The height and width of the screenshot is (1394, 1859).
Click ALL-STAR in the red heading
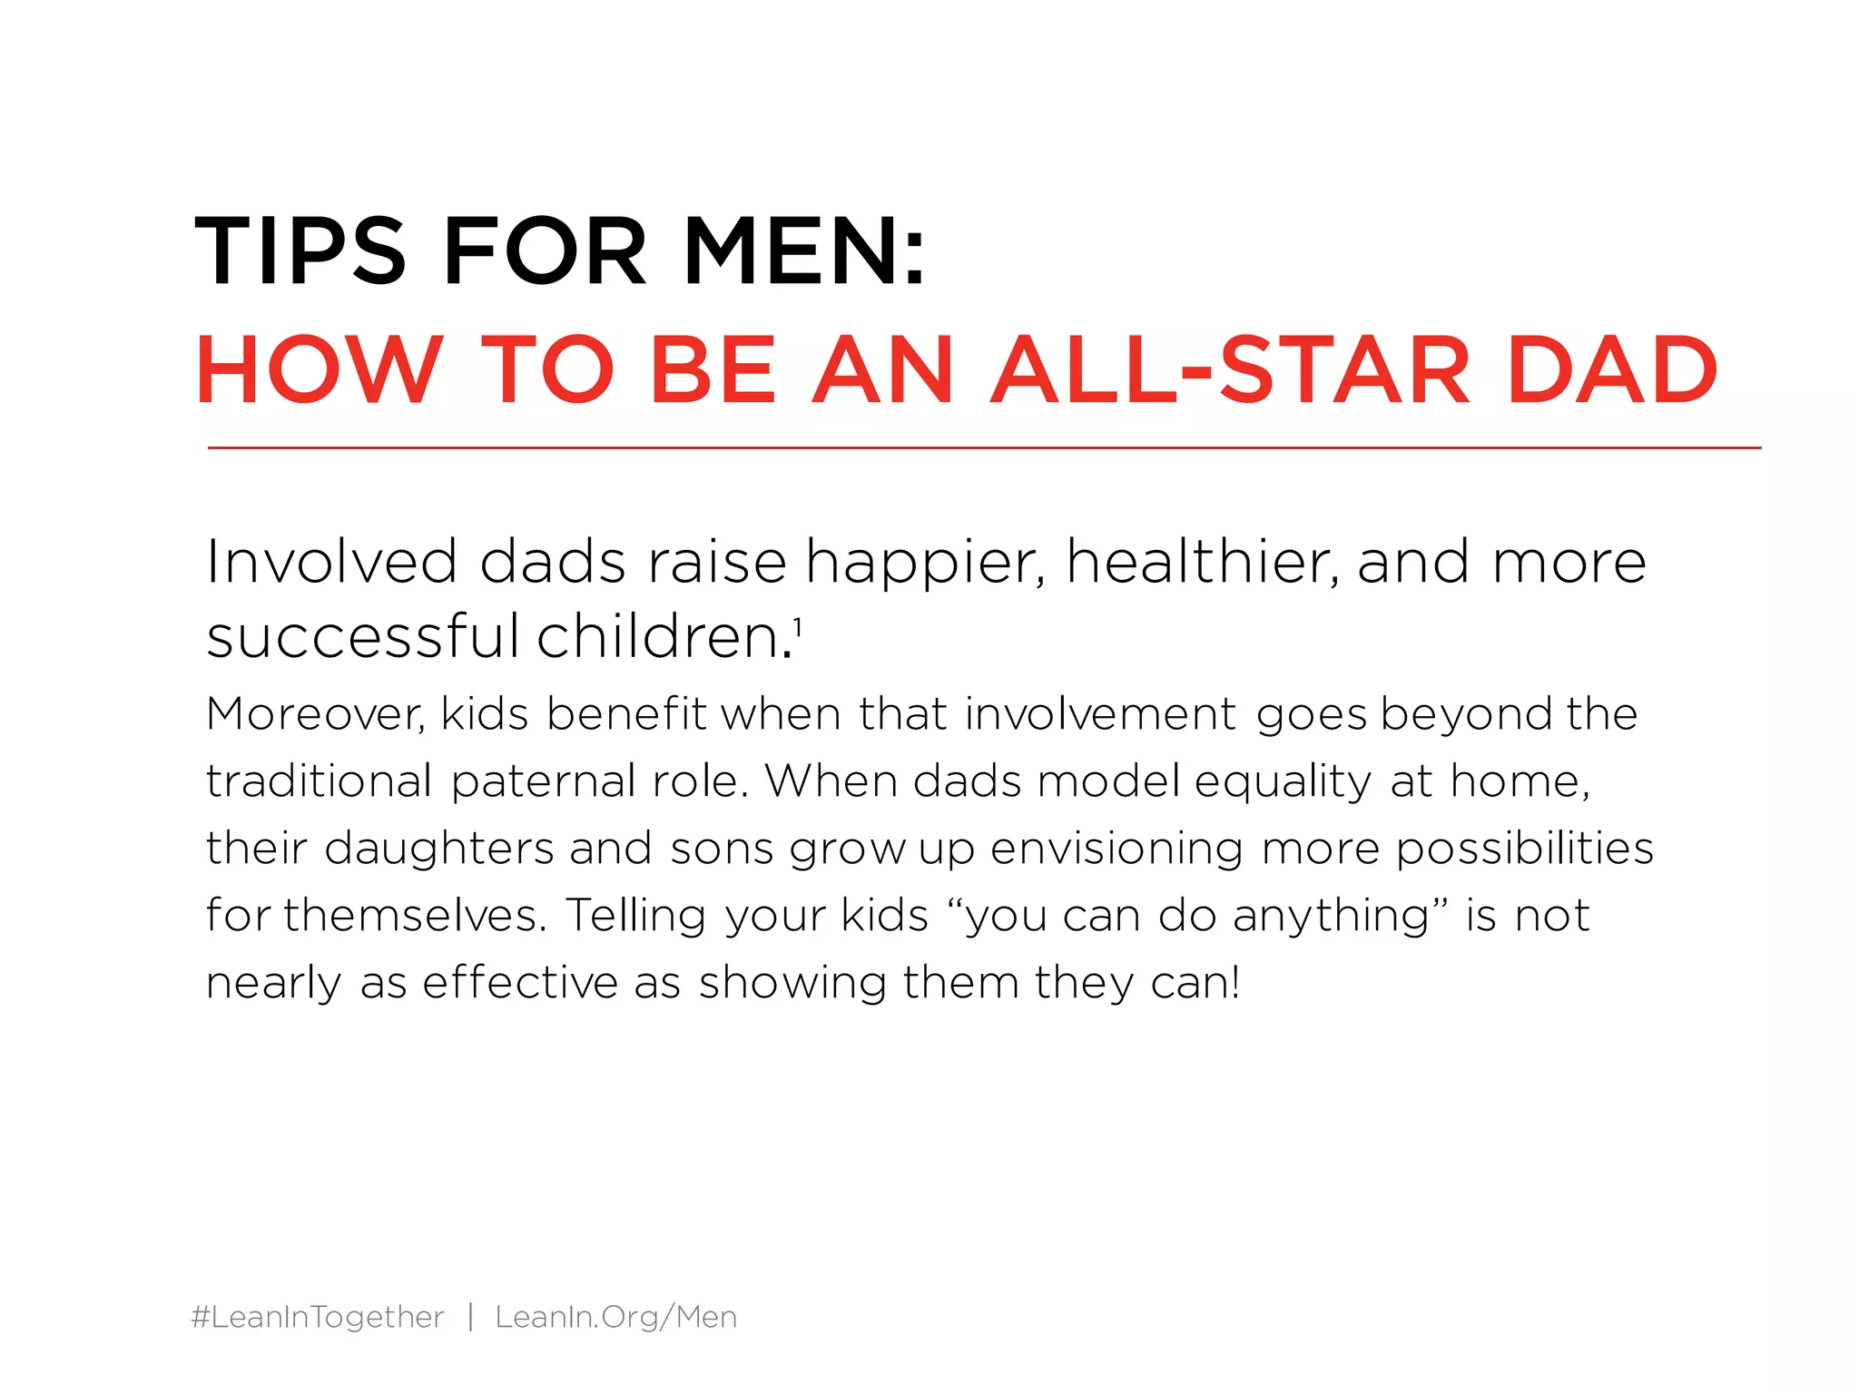click(1230, 370)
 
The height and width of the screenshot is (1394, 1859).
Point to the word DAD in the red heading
click(1612, 370)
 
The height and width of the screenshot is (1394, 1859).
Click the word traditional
click(319, 781)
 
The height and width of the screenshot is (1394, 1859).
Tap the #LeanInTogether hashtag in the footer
click(318, 1317)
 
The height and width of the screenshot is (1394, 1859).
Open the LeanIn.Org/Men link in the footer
click(616, 1317)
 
